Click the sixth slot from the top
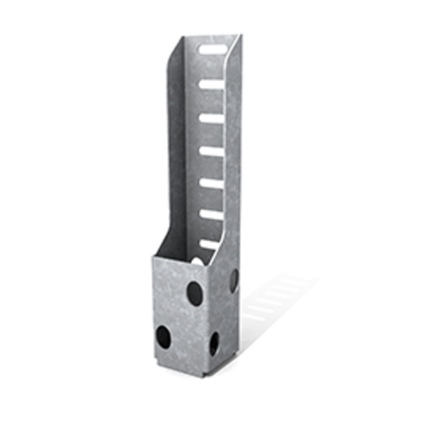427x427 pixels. coord(211,214)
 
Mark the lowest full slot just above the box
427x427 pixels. coord(211,244)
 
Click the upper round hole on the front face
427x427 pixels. coord(194,291)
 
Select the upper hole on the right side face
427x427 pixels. coord(234,281)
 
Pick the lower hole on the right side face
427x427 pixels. coord(214,342)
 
